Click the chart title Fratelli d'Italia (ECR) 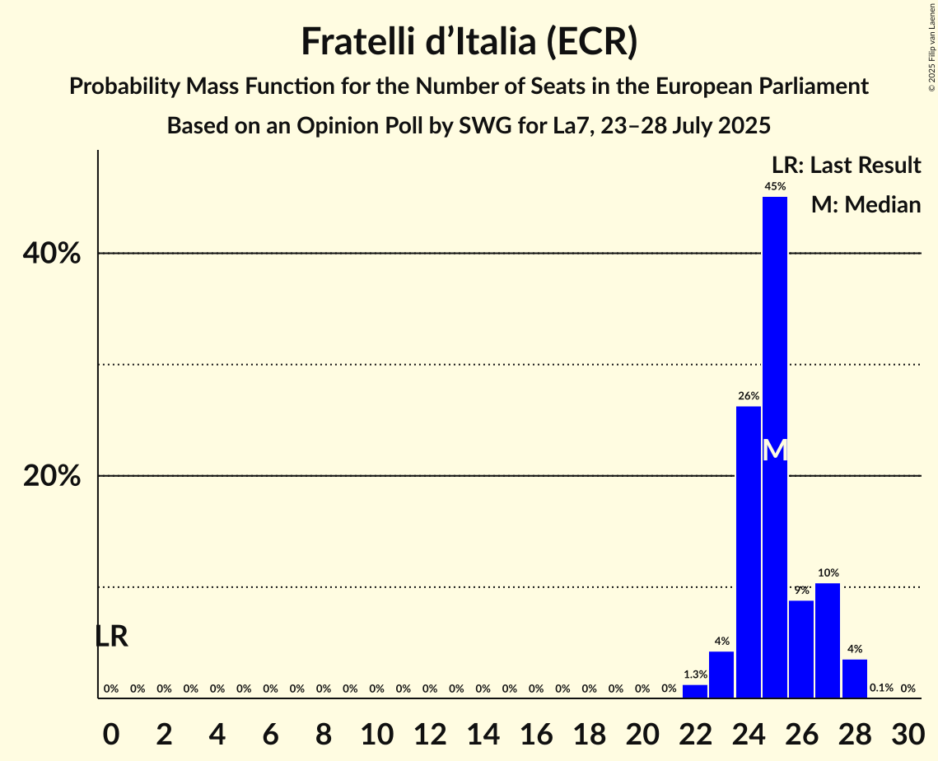click(469, 41)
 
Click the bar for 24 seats click(749, 552)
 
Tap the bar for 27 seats click(828, 641)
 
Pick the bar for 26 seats click(801, 649)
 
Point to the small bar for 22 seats click(695, 692)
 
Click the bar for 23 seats click(721, 675)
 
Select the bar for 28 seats click(855, 679)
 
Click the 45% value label click(775, 187)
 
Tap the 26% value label click(749, 396)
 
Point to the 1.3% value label click(695, 675)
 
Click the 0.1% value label click(881, 689)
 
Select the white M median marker click(775, 450)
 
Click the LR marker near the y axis click(111, 637)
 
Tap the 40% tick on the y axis click(52, 254)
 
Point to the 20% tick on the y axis click(52, 476)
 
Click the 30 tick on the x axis click(908, 731)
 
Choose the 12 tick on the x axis click(430, 731)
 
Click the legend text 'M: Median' click(866, 204)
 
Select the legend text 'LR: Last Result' click(846, 166)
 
